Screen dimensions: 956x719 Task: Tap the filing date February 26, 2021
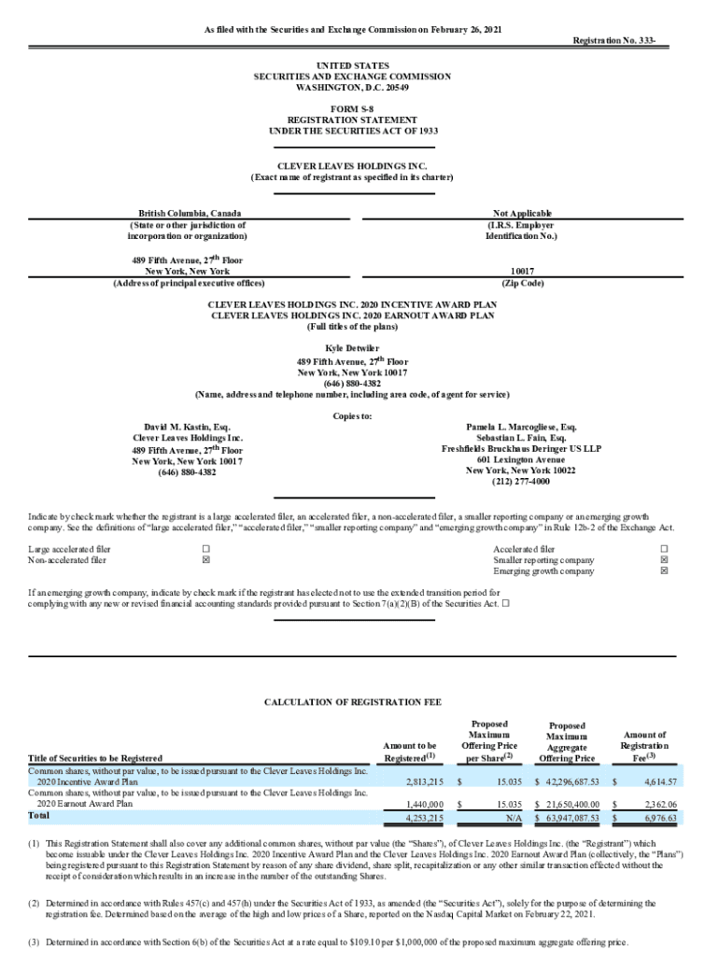tap(459, 30)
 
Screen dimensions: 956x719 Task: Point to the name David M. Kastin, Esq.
tap(188, 426)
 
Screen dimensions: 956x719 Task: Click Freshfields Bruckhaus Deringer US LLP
tap(521, 448)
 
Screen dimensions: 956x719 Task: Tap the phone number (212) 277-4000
tap(521, 482)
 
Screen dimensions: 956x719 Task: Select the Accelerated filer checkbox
tap(665, 549)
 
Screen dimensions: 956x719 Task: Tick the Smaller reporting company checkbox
tap(665, 560)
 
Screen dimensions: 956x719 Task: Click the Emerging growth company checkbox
tap(665, 571)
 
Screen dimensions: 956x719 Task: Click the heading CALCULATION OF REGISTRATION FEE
tap(352, 701)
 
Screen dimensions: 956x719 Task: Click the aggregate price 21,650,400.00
tap(566, 803)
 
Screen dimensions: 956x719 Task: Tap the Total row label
tap(39, 816)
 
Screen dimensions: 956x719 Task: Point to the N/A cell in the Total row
tap(513, 817)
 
